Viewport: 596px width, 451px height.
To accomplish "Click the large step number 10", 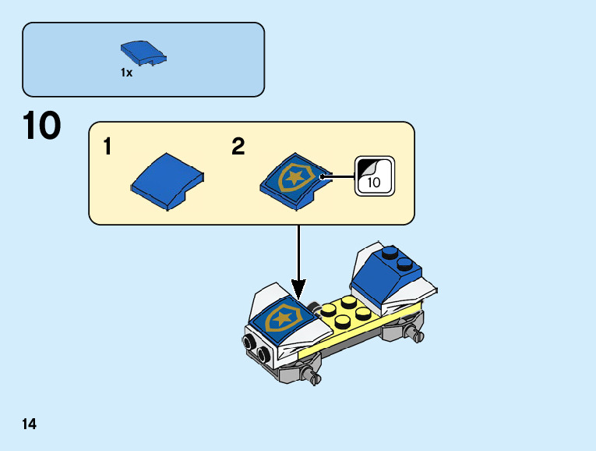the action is click(x=41, y=126).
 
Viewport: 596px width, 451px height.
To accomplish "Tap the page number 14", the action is click(x=29, y=424).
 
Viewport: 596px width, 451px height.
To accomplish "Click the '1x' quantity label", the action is click(x=126, y=73).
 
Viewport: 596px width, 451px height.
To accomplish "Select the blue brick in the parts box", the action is click(x=143, y=53).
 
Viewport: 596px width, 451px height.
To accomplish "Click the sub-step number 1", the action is click(x=109, y=147).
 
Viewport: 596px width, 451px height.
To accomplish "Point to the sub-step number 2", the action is click(x=238, y=147).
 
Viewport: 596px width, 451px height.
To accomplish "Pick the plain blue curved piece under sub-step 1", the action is click(x=167, y=182).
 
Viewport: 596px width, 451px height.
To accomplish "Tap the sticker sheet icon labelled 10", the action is click(x=375, y=176).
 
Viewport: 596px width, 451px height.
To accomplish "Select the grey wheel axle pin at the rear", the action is click(x=417, y=335).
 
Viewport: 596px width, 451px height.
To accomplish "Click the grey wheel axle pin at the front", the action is click(x=313, y=378).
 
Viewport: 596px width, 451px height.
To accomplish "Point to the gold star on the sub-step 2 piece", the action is click(x=295, y=176).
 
